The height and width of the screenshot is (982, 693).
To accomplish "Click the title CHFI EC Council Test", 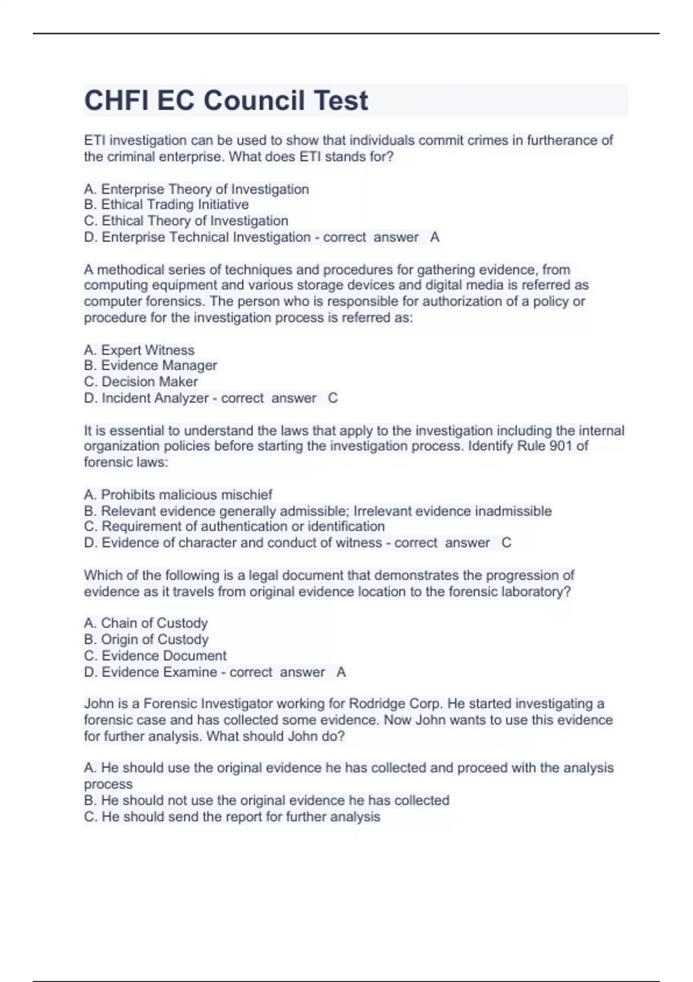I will coord(226,101).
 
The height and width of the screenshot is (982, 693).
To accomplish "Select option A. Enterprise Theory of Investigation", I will coord(196,189).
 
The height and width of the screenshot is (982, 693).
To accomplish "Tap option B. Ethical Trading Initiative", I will coord(166,204).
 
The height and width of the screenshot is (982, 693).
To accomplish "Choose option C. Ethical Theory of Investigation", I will coord(186,221).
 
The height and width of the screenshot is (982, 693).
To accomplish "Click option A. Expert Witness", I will coord(139,350).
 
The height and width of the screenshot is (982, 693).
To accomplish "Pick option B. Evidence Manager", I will coord(150,366).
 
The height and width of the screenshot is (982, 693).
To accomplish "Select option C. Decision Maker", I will coord(141,382).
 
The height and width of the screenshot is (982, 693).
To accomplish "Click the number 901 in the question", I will coord(561,446).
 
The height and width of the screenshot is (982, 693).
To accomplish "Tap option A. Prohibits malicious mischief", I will coord(178,494).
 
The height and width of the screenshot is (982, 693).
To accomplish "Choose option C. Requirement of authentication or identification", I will coord(234,526).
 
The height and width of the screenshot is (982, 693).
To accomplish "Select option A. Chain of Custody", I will coord(146,623).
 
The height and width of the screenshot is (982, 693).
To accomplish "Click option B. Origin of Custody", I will coord(146,639).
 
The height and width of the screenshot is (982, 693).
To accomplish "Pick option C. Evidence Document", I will coord(155,656).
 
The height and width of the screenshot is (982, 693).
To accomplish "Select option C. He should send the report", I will coord(232,817).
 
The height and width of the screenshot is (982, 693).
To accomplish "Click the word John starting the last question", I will coord(98,704).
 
